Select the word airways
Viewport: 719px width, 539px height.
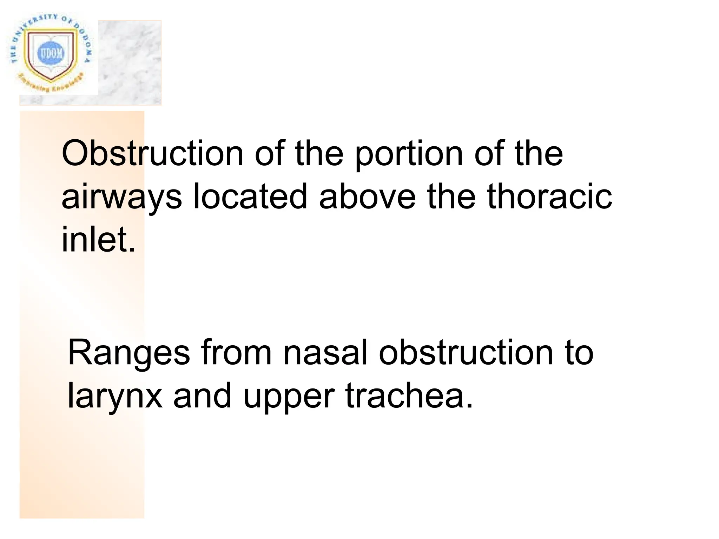pos(121,198)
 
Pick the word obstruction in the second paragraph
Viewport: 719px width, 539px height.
pos(463,353)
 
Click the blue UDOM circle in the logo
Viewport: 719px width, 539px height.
pos(52,54)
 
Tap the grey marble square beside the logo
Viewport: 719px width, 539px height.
pos(130,63)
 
